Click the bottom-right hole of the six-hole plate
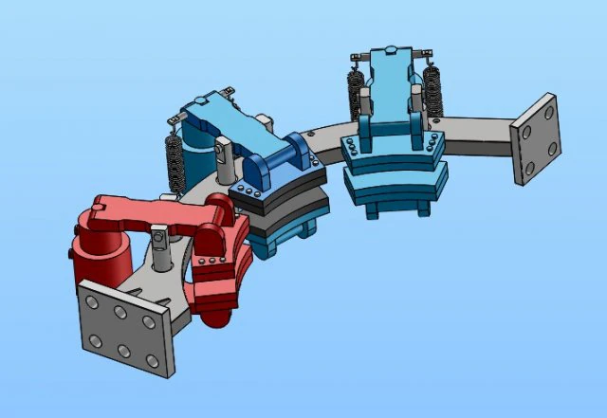[152, 361]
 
